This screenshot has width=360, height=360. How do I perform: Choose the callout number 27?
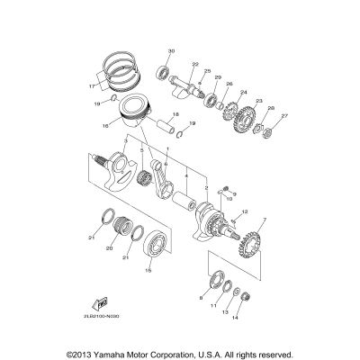coord(286,115)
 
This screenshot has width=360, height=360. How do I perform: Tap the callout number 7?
coord(264,220)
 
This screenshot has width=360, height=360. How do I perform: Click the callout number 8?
coord(200,296)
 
